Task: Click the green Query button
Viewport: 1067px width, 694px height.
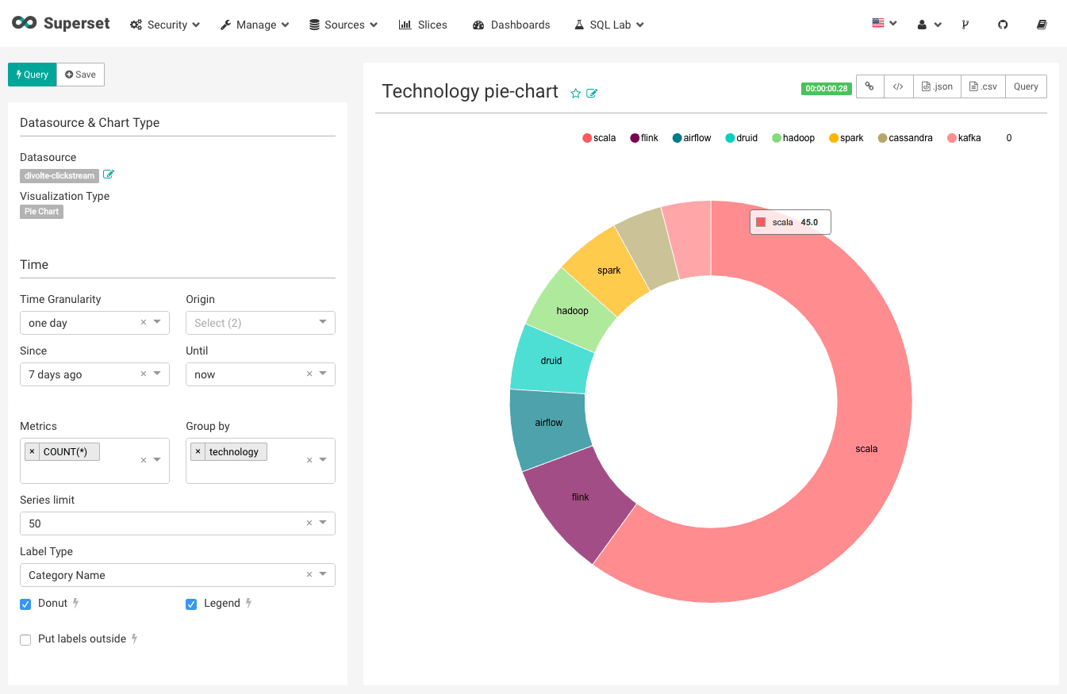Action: click(32, 75)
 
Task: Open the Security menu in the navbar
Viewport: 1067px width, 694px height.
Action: click(165, 25)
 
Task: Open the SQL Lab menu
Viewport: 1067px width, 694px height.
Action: click(608, 25)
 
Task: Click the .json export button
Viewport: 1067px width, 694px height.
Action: click(937, 86)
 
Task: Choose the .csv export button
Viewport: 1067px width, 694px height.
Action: click(983, 86)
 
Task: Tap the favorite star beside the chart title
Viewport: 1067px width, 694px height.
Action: click(576, 94)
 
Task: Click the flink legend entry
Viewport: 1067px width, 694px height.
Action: click(644, 138)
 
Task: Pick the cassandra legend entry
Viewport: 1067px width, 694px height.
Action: click(904, 138)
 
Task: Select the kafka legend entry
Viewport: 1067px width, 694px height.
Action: click(964, 138)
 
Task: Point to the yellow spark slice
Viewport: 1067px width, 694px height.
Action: click(607, 270)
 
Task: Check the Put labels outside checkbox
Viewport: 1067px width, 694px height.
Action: click(25, 639)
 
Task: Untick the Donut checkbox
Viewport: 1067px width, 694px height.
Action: click(25, 604)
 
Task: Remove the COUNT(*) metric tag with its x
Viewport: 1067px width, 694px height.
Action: click(32, 451)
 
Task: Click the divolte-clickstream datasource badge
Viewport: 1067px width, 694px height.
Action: click(59, 175)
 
